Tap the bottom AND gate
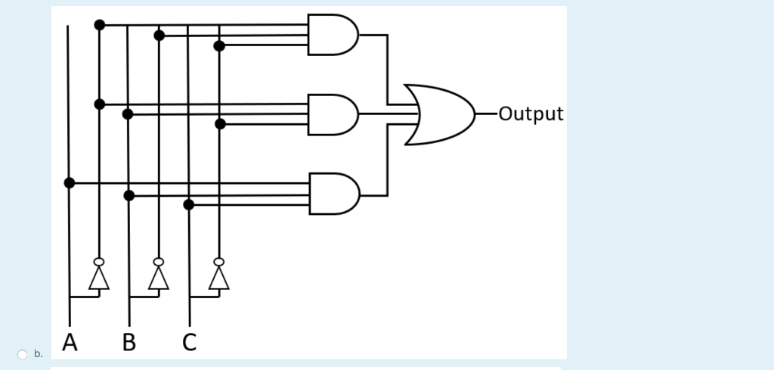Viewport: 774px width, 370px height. click(x=333, y=194)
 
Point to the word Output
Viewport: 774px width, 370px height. click(x=531, y=114)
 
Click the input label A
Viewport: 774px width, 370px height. click(x=70, y=343)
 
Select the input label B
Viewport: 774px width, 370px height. click(x=129, y=343)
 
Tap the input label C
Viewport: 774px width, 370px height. click(x=189, y=343)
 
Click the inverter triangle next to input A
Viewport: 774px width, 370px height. click(x=99, y=279)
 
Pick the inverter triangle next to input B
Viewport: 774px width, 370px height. click(x=159, y=279)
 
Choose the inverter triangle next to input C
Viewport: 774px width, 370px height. click(x=219, y=279)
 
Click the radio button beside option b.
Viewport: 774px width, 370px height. click(x=23, y=354)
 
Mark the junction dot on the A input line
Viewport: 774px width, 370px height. click(x=70, y=183)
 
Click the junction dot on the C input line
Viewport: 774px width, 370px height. click(x=189, y=204)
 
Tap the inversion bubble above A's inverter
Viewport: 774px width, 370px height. click(x=99, y=262)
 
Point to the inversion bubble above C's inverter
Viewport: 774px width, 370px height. click(x=219, y=262)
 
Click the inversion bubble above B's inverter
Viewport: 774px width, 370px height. click(x=159, y=262)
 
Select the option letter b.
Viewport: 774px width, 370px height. click(x=39, y=354)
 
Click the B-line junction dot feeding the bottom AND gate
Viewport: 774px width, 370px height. click(x=129, y=195)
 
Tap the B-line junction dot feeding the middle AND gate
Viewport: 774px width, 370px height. click(x=128, y=114)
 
